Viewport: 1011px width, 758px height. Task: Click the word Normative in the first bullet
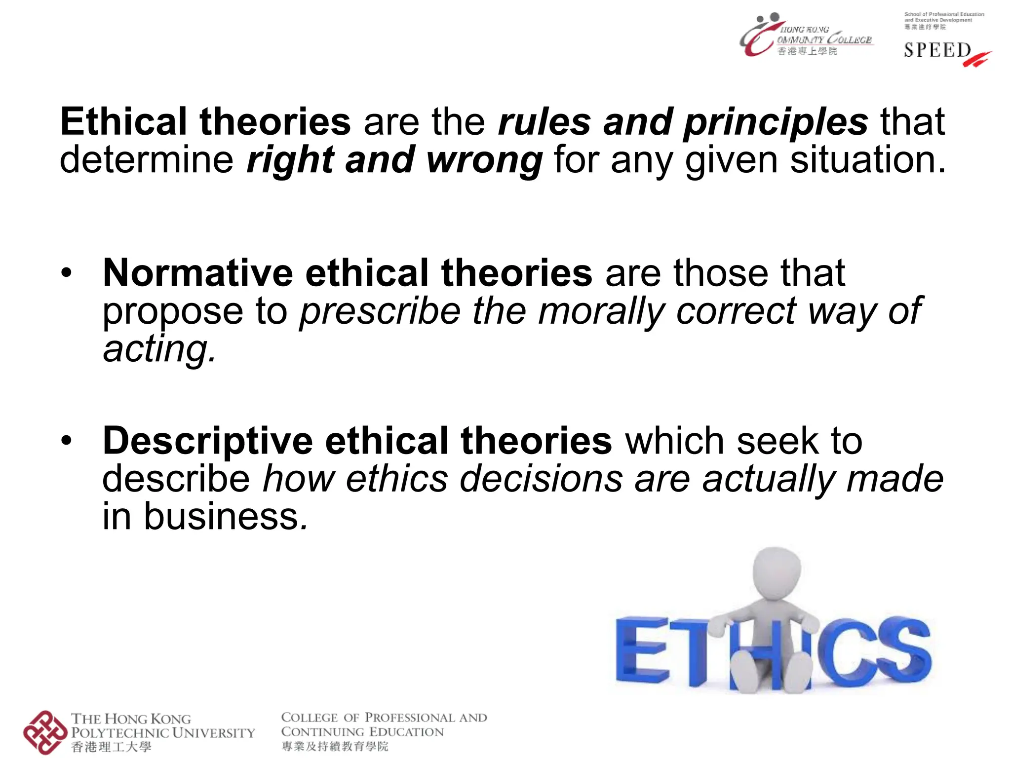[197, 273]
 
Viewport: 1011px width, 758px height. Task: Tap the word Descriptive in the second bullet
[207, 441]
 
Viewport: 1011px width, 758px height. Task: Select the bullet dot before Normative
[67, 273]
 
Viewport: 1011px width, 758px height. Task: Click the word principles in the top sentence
[776, 122]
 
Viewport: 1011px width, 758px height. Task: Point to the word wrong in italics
[484, 160]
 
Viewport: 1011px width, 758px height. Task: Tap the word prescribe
[380, 311]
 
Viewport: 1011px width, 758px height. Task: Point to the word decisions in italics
[541, 479]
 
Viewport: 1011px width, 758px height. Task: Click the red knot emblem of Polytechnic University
[45, 732]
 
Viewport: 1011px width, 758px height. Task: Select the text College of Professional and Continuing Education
[384, 724]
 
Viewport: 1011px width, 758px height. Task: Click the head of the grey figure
[776, 572]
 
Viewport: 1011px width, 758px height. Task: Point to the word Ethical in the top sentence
[123, 122]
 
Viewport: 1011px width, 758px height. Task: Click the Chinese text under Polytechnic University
[111, 747]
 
